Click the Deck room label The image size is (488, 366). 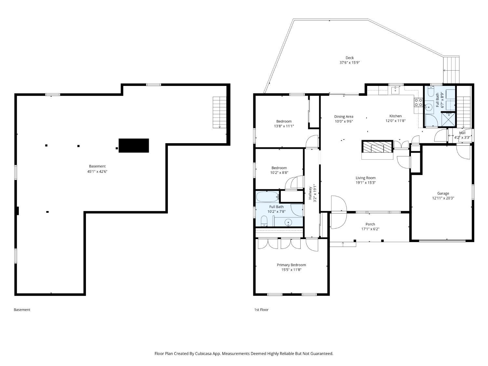click(x=349, y=58)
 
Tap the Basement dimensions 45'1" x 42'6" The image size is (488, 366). click(x=97, y=171)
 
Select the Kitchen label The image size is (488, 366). click(x=395, y=116)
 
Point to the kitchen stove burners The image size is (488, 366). click(x=418, y=102)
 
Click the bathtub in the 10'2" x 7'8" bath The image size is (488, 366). click(x=267, y=197)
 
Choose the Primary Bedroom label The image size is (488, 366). click(x=291, y=265)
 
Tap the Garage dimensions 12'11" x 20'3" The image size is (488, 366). click(x=443, y=198)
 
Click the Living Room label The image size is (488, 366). click(x=365, y=178)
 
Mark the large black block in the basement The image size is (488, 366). click(x=134, y=145)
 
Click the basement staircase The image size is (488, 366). click(x=219, y=113)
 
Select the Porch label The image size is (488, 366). click(x=370, y=224)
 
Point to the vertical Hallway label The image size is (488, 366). click(x=310, y=193)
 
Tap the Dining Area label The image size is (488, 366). click(x=344, y=116)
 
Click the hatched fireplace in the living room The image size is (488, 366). click(x=377, y=147)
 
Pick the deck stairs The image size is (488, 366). click(x=451, y=70)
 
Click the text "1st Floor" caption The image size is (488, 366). click(x=261, y=310)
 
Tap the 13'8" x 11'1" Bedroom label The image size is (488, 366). click(x=284, y=121)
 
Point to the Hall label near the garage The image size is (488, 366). click(x=462, y=133)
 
